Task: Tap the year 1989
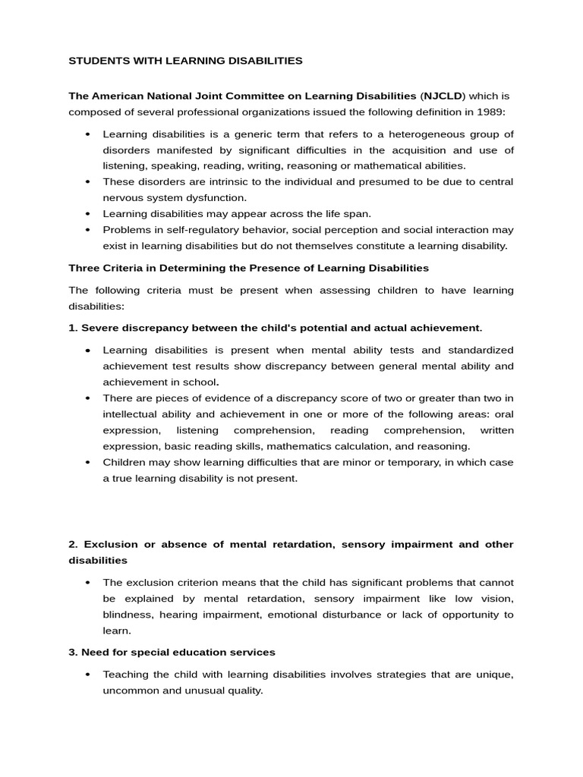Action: (488, 112)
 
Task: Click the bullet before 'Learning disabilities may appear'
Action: (87, 214)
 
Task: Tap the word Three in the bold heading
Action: (84, 268)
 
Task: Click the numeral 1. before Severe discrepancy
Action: (73, 328)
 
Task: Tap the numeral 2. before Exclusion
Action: (74, 545)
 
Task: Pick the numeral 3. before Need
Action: (73, 653)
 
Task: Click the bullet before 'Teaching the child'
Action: (87, 675)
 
